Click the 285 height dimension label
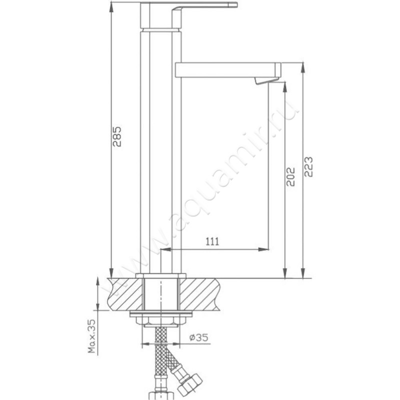pyautogui.click(x=116, y=135)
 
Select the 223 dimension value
pyautogui.click(x=308, y=166)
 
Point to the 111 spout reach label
pyautogui.click(x=212, y=241)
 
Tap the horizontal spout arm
pyautogui.click(x=227, y=69)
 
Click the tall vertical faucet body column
pyautogui.click(x=157, y=150)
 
